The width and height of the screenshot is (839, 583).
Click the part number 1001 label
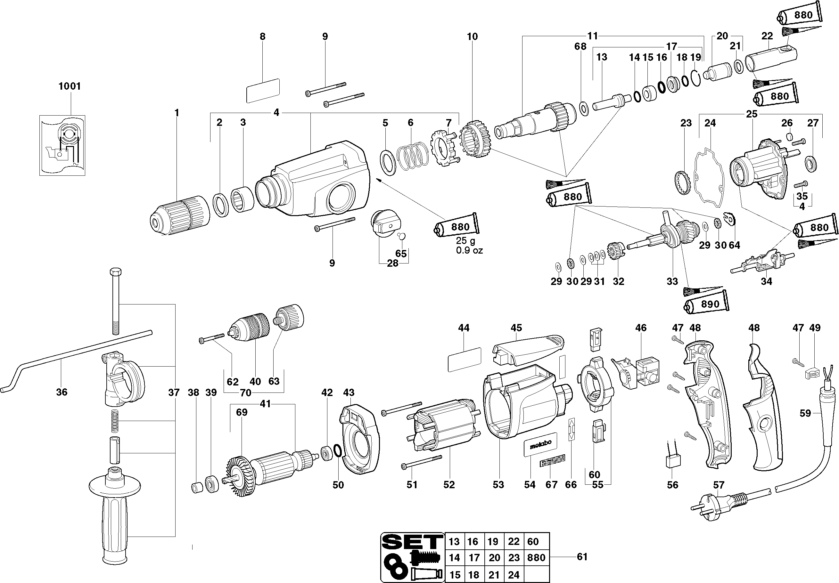(x=70, y=86)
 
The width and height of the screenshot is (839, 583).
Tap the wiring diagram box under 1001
(x=62, y=145)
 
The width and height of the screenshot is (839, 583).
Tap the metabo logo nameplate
(x=540, y=444)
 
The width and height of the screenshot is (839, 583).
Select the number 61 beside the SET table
(x=582, y=557)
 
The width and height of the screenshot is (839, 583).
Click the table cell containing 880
(x=537, y=558)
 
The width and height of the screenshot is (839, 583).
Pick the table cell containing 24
(x=514, y=575)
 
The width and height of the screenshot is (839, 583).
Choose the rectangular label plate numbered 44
(x=464, y=360)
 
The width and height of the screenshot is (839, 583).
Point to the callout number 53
(x=498, y=485)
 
